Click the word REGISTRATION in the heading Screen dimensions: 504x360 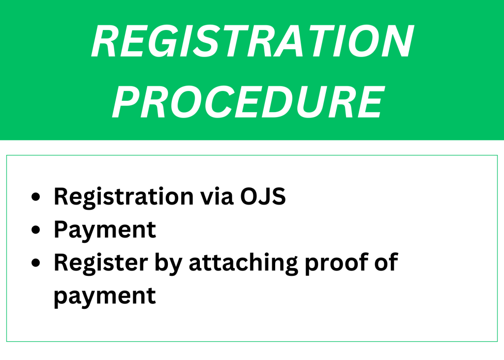point(252,41)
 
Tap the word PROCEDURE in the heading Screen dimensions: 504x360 point(249,102)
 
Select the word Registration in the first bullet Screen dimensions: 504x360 point(124,197)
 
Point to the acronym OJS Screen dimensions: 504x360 point(263,196)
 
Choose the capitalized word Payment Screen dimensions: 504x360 point(105,230)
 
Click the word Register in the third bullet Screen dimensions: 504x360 point(101,263)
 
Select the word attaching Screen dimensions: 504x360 point(243,264)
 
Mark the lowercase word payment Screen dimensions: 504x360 point(105,297)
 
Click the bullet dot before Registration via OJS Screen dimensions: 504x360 point(36,197)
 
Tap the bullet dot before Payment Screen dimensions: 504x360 point(36,230)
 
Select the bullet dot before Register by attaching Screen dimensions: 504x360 point(36,263)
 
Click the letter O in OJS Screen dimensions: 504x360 point(250,196)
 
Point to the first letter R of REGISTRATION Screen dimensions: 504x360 point(104,41)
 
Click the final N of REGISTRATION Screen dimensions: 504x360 point(397,41)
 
